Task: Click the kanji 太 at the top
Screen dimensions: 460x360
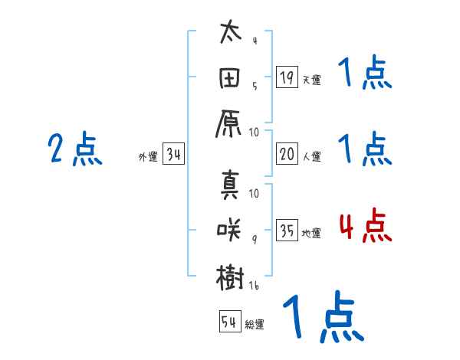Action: (230, 34)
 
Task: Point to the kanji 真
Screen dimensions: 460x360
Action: (230, 185)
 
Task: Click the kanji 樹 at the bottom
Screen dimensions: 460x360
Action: (230, 277)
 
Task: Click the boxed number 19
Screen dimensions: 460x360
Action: (287, 77)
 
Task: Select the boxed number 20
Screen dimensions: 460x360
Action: (287, 154)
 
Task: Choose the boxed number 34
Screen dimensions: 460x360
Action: (174, 155)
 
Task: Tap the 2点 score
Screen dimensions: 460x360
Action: (74, 149)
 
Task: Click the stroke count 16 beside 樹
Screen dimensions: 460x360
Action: (255, 285)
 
